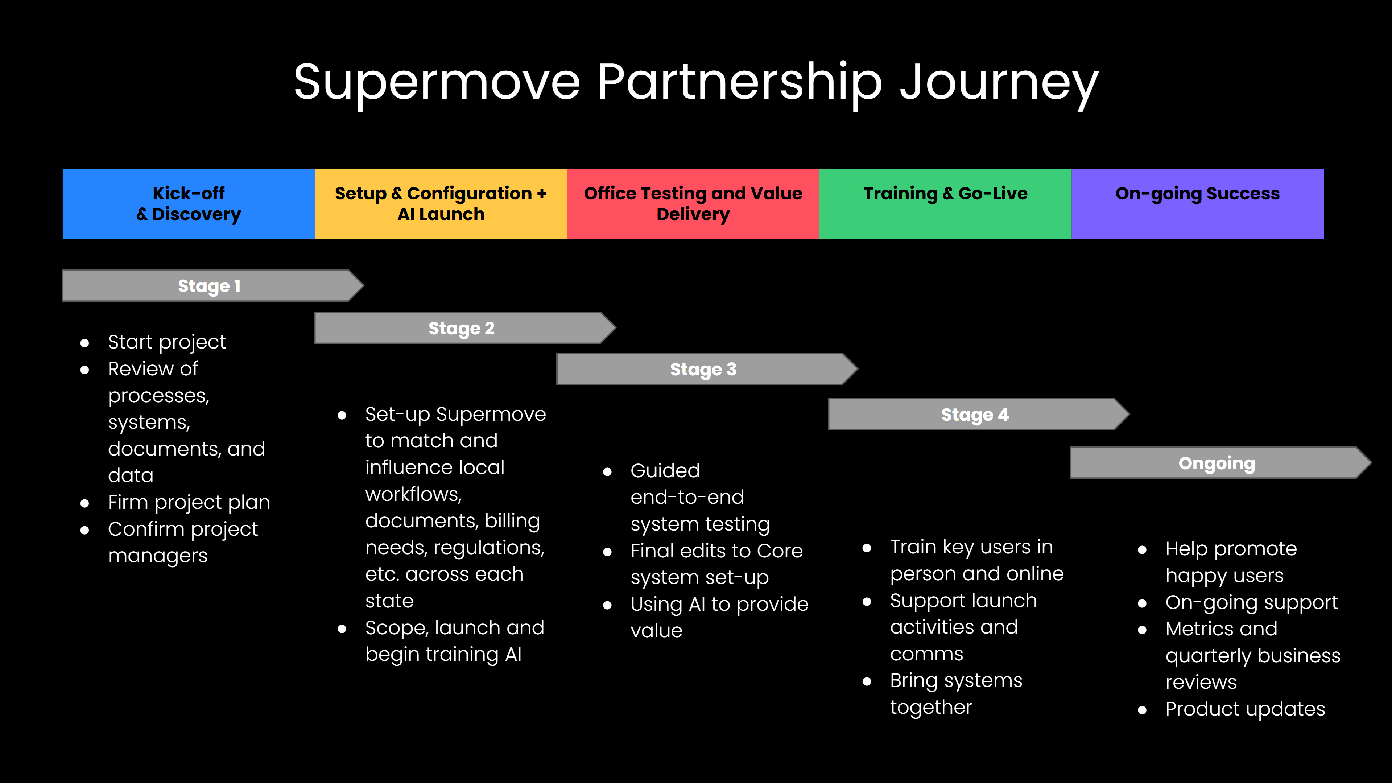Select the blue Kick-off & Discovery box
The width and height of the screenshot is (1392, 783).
189,204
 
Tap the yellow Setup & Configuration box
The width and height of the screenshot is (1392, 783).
441,204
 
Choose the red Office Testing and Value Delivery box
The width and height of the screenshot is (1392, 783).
693,204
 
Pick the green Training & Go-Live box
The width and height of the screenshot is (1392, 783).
945,204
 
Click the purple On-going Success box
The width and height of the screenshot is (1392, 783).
1197,204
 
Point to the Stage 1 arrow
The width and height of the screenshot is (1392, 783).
209,285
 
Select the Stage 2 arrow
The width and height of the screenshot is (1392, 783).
461,328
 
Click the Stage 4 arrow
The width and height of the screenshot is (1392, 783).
974,415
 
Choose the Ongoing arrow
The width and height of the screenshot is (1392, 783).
1217,463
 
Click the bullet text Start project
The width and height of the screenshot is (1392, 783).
166,342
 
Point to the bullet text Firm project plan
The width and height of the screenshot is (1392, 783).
189,503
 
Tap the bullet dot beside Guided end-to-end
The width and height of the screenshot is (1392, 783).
607,472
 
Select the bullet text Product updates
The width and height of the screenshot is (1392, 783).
1245,709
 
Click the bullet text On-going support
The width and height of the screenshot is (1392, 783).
1252,602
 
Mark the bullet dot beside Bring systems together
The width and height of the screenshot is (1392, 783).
867,681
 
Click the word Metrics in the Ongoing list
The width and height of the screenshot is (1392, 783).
1221,629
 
